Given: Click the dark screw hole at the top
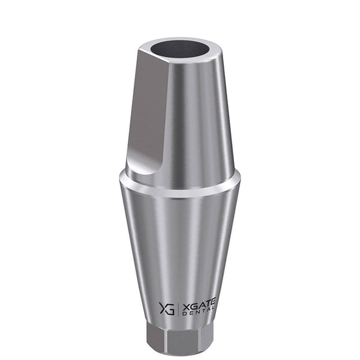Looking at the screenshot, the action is [179, 49].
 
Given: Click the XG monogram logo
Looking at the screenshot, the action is [167, 308].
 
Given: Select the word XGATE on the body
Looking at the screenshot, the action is [199, 306].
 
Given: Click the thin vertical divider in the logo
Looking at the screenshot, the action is [178, 308].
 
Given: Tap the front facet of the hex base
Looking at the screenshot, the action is [182, 341].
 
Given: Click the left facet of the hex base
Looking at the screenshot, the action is [157, 337].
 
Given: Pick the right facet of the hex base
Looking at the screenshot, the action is [206, 337].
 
